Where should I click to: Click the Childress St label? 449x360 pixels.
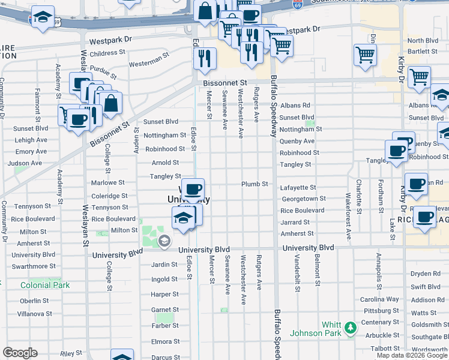pos(107,53)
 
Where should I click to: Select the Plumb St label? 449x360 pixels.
pos(254,184)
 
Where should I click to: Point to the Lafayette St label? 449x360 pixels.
pos(298,188)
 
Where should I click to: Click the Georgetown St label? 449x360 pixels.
pos(303,199)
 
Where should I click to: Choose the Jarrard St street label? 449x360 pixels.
pos(294,221)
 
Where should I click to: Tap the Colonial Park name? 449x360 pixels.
pos(45,285)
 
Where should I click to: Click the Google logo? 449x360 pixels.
pos(20,353)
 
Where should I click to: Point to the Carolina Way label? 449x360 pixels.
pos(379,299)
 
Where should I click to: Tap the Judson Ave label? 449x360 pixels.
pos(25,163)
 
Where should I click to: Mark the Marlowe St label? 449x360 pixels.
pos(107,182)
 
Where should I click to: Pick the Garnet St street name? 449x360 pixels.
pos(164,310)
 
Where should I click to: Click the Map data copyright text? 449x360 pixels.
pos(412,355)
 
